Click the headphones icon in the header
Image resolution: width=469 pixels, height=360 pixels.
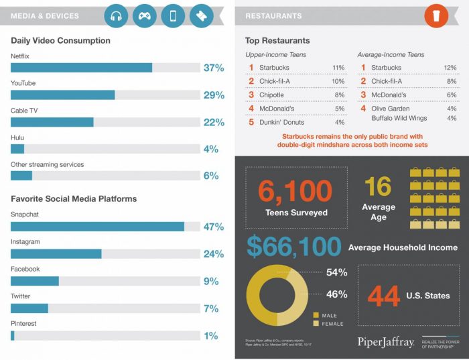pos(116,16)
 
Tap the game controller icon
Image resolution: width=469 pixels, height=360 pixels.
pos(145,16)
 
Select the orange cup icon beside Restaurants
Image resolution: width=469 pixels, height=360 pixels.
pos(436,16)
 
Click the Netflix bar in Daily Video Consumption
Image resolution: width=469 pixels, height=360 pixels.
pos(81,68)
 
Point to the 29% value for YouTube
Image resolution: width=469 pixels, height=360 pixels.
pos(214,95)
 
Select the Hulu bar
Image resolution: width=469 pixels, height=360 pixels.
pos(17,149)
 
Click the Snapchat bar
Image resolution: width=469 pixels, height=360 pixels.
pos(97,227)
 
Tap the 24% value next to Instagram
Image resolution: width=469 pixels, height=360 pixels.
pos(214,254)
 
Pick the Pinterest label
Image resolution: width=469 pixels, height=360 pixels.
pos(23,323)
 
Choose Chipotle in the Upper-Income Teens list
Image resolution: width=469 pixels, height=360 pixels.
pos(272,95)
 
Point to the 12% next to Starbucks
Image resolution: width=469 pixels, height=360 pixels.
pos(450,68)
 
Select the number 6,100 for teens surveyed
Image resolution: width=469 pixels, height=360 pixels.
pos(295,191)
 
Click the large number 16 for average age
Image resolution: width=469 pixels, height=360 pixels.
pos(378,186)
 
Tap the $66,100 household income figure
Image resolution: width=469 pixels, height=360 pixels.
pos(293,247)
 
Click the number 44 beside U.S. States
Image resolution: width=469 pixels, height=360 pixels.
pos(384,296)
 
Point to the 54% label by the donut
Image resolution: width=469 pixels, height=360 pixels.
pos(336,273)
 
